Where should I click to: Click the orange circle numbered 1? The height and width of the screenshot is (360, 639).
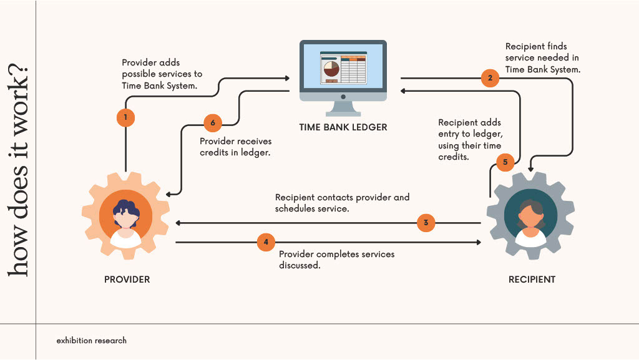pos(125,117)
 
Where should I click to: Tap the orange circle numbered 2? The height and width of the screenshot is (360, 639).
pos(490,78)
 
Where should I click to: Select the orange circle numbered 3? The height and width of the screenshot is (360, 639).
pos(426,223)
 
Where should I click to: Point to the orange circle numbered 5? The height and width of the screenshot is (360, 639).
pos(505,163)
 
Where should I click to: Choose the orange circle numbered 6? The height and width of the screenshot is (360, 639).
pos(213,123)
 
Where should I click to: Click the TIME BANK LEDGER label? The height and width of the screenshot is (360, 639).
pos(343,127)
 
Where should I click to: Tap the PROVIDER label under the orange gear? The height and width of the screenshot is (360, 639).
pos(127,279)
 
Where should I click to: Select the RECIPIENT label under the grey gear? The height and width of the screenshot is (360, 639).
pos(532,279)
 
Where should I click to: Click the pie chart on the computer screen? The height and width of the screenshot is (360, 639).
pos(329,69)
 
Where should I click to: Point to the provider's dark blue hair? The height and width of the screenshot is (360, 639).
pos(127,207)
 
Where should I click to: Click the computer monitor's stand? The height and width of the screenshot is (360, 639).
pos(343,107)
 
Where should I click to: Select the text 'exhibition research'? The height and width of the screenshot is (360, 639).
pos(91,341)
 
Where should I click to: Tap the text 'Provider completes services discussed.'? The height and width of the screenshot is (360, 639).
pos(336,260)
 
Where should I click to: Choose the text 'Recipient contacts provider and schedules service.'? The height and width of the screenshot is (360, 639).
pos(342,203)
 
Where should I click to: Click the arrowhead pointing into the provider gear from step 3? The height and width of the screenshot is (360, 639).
pos(179,223)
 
